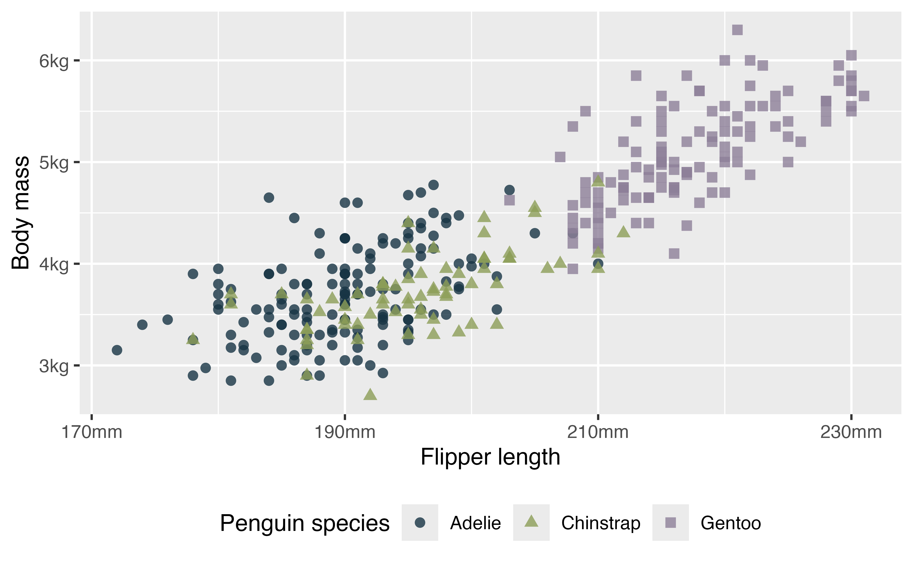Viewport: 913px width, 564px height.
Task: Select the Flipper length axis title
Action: [x=490, y=457]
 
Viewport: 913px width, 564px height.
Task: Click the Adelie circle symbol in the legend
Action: [x=420, y=523]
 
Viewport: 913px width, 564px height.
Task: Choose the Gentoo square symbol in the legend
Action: [x=670, y=523]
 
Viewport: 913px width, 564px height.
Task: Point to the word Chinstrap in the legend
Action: [x=601, y=523]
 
